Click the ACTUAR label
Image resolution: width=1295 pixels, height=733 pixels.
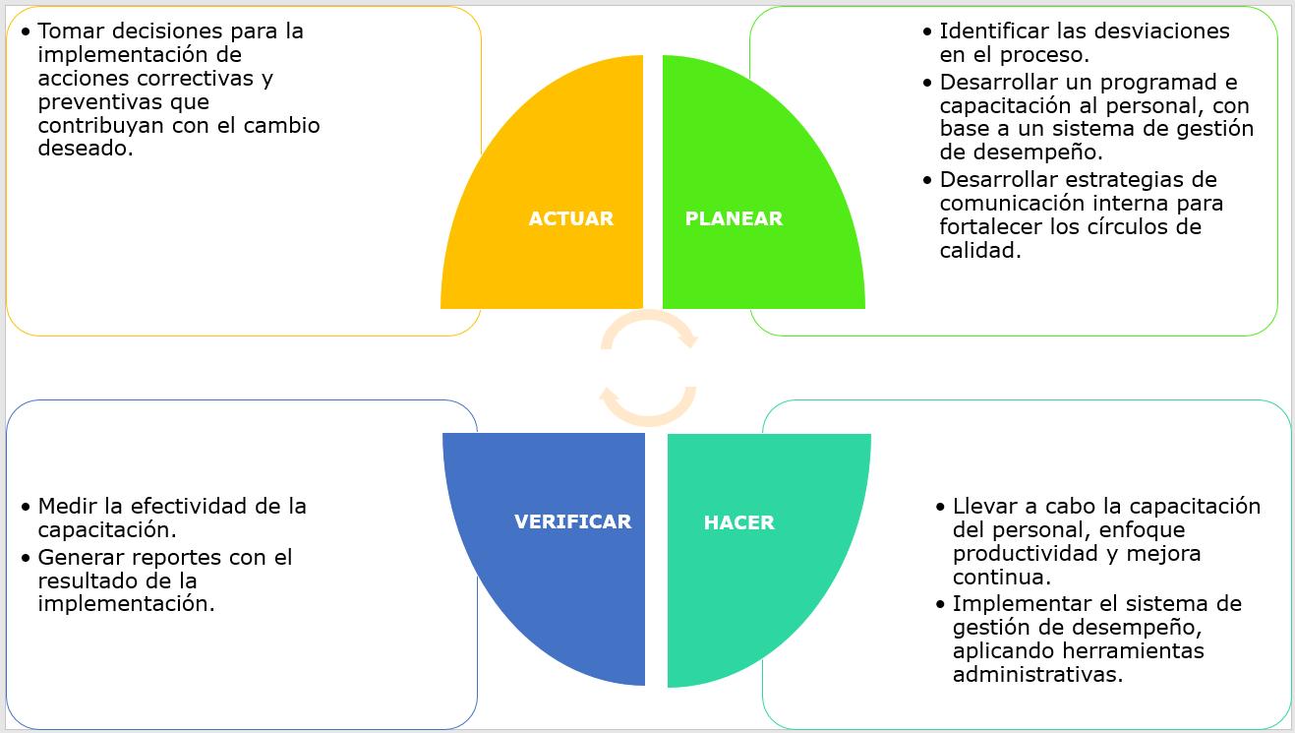coord(570,218)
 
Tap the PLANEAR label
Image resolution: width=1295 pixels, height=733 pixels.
coord(734,218)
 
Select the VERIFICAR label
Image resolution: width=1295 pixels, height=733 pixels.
coord(572,521)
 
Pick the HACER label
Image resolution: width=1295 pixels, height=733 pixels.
coord(738,522)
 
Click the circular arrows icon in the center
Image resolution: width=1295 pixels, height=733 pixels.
coord(648,368)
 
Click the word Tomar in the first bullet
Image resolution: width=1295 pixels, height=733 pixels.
coord(69,31)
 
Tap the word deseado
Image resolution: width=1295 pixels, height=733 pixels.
coord(85,149)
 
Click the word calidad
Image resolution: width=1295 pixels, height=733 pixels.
coord(979,250)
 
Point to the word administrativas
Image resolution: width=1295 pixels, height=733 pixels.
coord(1037,674)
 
